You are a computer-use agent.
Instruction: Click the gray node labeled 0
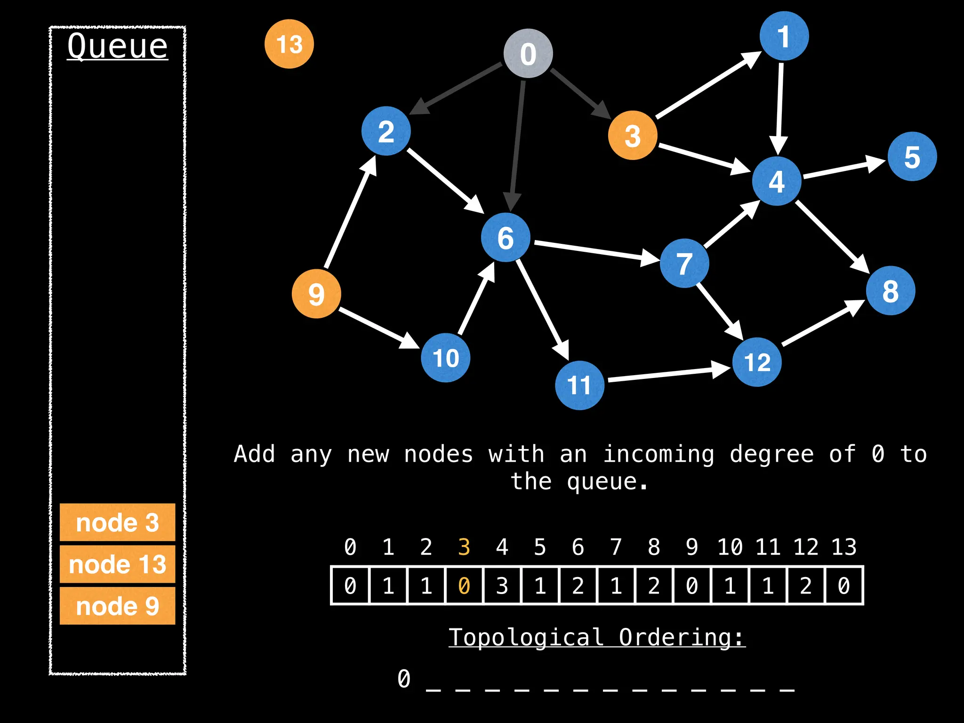tap(528, 53)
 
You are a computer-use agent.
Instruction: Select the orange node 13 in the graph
tap(289, 44)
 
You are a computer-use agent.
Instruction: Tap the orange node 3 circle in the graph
tap(632, 136)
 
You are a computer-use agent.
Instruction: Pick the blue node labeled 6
tap(506, 237)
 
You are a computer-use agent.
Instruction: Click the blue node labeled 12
tap(757, 362)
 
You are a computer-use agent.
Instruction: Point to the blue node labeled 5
tap(912, 157)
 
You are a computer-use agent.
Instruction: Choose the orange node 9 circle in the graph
tap(316, 294)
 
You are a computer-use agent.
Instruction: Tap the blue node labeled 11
tap(579, 386)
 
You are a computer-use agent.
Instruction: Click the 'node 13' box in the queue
tap(117, 564)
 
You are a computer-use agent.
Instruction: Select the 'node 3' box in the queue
tap(117, 522)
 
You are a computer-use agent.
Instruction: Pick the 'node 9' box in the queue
tap(117, 606)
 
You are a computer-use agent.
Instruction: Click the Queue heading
tap(117, 46)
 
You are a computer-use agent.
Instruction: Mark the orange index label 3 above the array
tap(464, 547)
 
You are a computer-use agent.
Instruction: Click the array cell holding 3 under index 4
tap(502, 586)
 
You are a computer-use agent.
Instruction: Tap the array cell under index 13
tap(844, 586)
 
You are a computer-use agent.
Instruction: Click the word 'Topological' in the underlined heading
tap(526, 637)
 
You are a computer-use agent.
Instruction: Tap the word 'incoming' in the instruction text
tap(659, 455)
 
